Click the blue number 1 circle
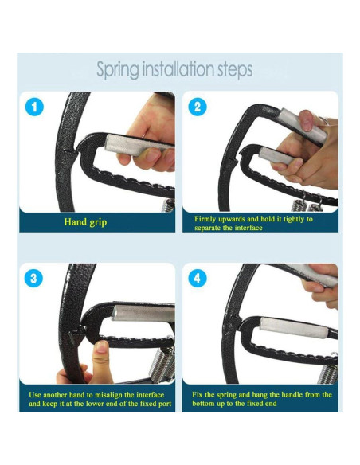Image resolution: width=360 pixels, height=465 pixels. click(34, 107)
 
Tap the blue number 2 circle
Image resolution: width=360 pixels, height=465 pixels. click(198, 107)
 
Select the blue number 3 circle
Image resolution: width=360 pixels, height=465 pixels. click(33, 278)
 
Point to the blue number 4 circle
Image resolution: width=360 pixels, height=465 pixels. click(198, 278)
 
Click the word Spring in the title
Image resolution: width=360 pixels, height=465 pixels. click(118, 70)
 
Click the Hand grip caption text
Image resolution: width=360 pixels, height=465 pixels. click(85, 222)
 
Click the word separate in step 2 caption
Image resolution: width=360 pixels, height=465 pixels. click(208, 228)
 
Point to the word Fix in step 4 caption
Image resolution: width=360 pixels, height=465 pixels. click(198, 395)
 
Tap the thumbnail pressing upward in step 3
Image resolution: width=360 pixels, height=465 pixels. click(101, 346)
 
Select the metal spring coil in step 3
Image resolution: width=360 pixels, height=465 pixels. click(162, 365)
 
